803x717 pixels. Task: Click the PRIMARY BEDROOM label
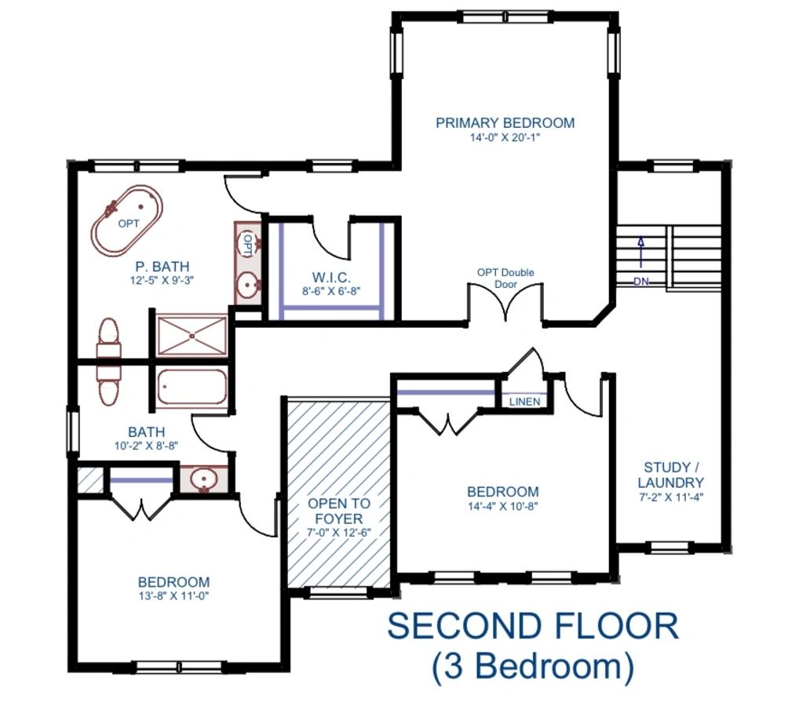pos(505,123)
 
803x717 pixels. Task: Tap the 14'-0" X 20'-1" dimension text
pos(505,137)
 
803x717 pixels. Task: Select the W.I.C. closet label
pos(331,278)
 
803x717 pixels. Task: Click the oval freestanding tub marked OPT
pos(127,221)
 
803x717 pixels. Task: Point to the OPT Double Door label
pos(506,278)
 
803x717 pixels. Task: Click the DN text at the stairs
pos(641,281)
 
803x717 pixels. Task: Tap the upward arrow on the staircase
pos(641,252)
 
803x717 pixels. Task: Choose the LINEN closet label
pos(524,402)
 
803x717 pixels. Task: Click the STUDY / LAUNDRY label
pos(671,475)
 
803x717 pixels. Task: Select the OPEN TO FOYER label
pos(339,511)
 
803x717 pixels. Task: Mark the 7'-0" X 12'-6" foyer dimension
pos(339,532)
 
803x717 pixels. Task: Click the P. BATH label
pos(162,267)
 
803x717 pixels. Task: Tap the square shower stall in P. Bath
pos(192,335)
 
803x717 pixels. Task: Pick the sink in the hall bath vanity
pos(204,480)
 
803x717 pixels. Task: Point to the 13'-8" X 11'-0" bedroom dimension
pos(173,595)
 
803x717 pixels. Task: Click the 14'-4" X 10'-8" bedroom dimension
pos(503,506)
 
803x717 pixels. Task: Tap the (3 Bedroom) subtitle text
pos(533,667)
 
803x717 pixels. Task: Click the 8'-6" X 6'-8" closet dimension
pos(331,291)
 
